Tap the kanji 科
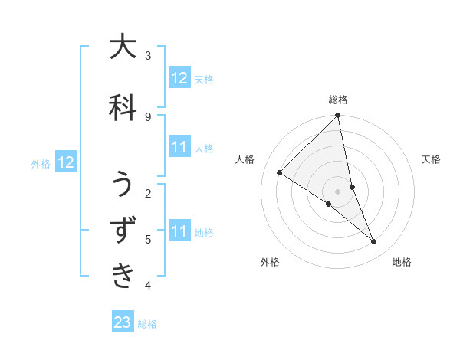[123, 107]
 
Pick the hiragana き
[123, 274]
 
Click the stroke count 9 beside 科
[148, 116]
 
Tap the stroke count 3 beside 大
[148, 56]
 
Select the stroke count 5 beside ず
[148, 239]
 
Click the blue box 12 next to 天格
[179, 78]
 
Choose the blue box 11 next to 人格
[179, 148]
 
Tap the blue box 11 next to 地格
[179, 231]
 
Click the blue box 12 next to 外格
[65, 162]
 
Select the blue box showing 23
[123, 322]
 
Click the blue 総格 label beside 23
[147, 324]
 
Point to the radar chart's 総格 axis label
[338, 100]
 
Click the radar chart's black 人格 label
[246, 159]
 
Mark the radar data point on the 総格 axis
[338, 116]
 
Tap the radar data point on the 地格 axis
[374, 241]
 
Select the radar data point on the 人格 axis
[280, 172]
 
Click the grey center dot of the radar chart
[338, 191]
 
